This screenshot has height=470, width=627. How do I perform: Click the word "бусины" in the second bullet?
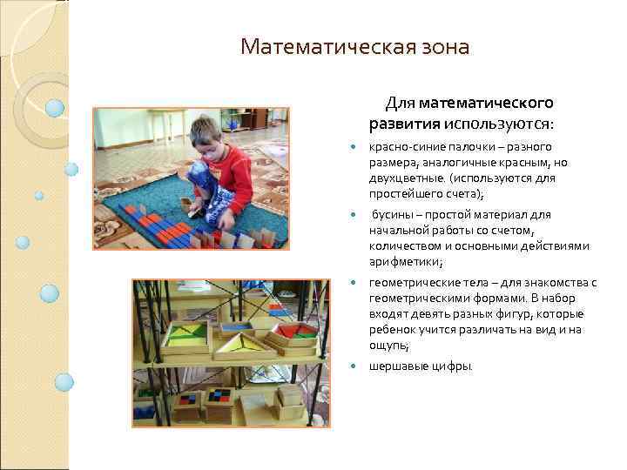392,214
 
